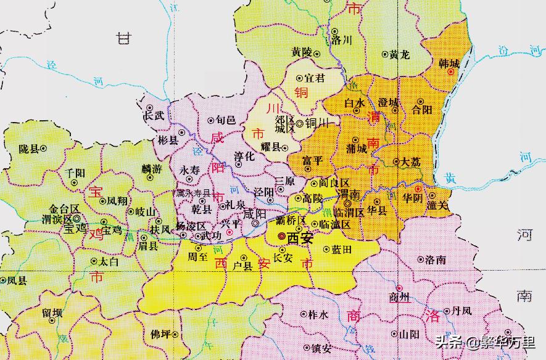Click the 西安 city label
(300, 237)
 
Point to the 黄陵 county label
(302, 53)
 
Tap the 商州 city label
(400, 299)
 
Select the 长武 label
(154, 115)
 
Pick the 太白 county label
(109, 261)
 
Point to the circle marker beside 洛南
(421, 260)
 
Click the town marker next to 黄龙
(384, 55)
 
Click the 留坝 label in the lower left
(52, 313)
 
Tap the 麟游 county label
(151, 168)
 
